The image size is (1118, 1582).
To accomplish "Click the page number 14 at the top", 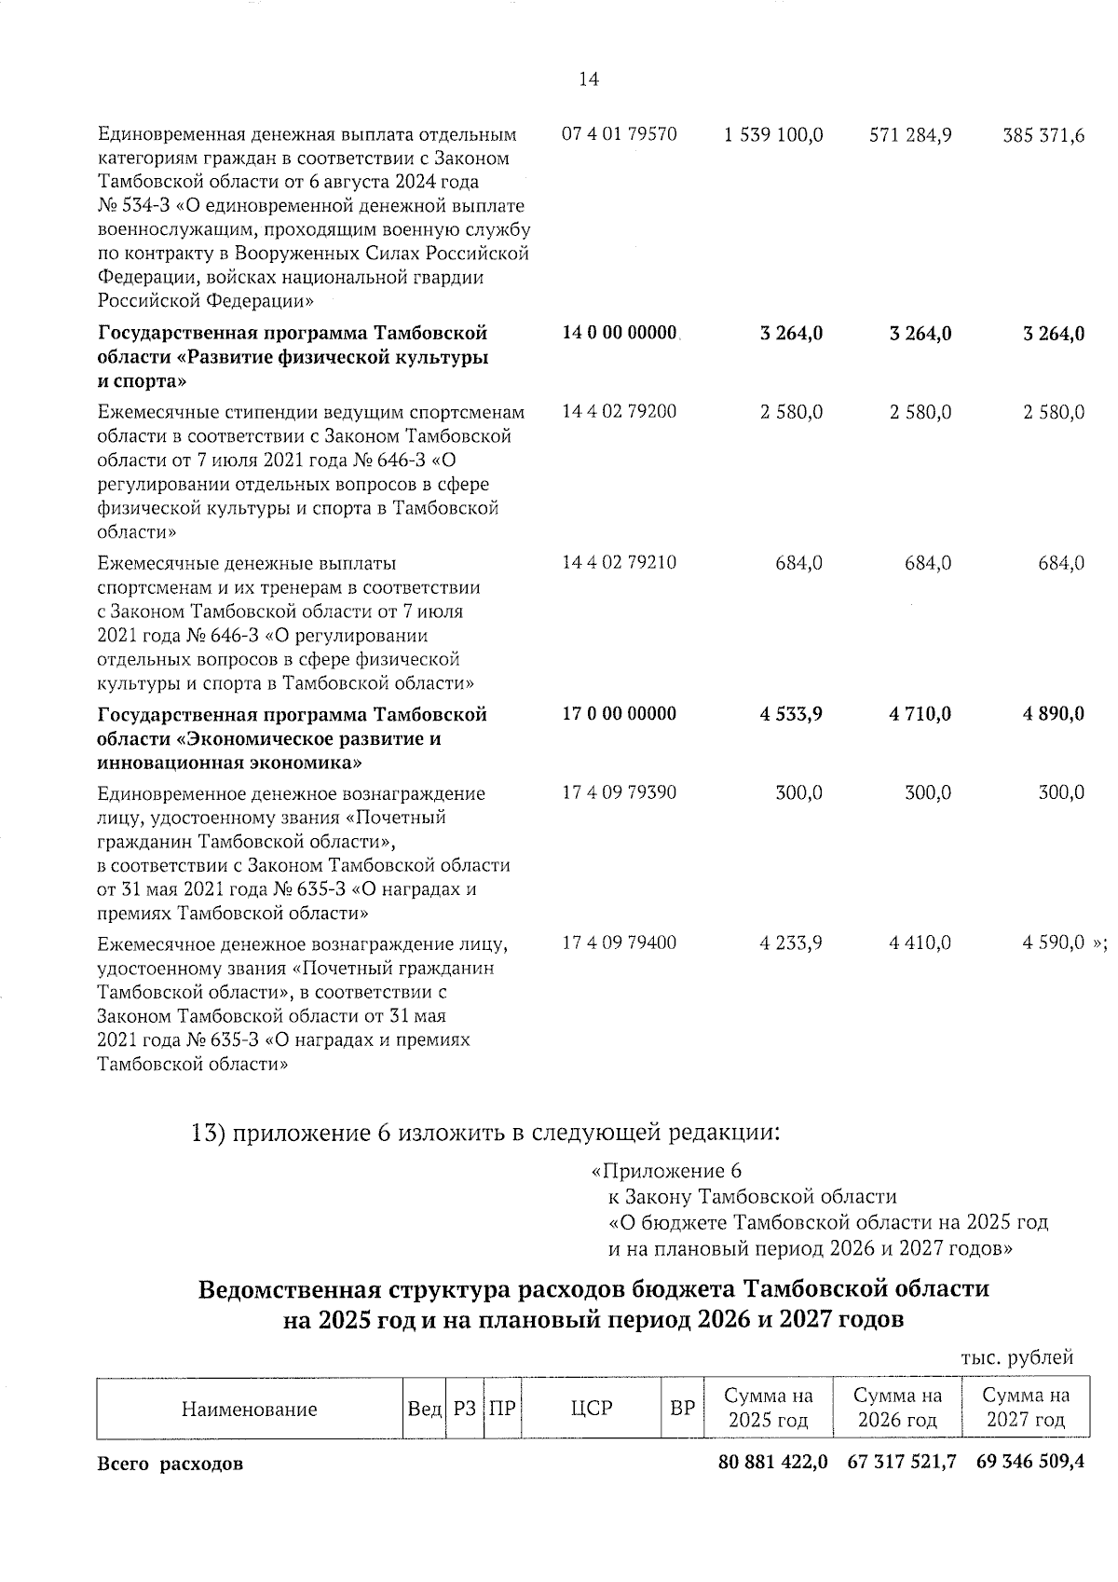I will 589,80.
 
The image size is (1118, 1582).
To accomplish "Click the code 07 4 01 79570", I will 620,134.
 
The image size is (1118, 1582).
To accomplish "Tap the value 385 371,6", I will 1043,135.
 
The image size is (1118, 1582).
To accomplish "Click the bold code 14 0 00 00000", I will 620,333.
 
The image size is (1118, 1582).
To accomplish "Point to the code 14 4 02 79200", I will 620,411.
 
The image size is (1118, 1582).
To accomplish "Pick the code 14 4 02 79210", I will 620,562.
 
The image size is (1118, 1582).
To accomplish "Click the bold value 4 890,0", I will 1054,714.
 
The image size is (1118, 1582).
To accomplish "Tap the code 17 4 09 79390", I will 620,792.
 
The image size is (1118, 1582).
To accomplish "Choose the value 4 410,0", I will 920,942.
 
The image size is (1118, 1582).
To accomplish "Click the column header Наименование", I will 249,1410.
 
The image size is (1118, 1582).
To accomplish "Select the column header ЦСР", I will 592,1408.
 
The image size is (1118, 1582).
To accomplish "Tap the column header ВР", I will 683,1409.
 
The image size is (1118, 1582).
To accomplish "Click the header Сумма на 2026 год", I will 898,1409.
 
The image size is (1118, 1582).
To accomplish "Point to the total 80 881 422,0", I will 772,1462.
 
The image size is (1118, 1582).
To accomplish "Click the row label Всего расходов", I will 170,1464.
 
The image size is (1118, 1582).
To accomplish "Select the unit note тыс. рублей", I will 1017,1357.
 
